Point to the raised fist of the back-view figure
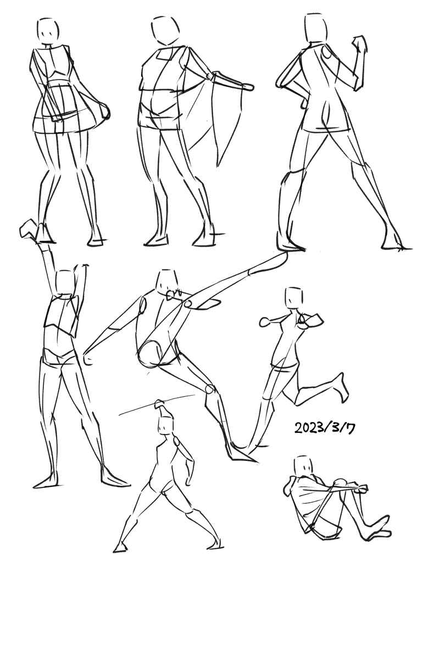359,42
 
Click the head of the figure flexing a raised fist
315,29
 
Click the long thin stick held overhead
157,404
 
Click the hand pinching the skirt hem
106,112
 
